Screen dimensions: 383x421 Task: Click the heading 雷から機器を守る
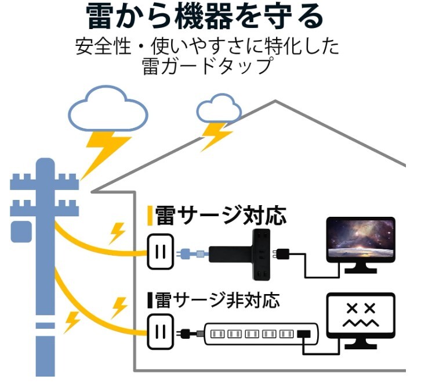click(x=205, y=17)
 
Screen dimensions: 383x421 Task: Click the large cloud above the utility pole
click(x=107, y=110)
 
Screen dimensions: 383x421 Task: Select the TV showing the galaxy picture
click(x=360, y=241)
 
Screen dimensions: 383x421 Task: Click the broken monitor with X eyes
click(x=361, y=321)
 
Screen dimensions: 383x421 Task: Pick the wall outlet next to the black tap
click(x=160, y=252)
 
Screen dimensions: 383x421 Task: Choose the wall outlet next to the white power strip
click(x=160, y=333)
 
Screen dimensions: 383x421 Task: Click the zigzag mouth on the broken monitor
click(x=360, y=323)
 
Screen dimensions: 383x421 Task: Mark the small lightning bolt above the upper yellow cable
click(x=118, y=232)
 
